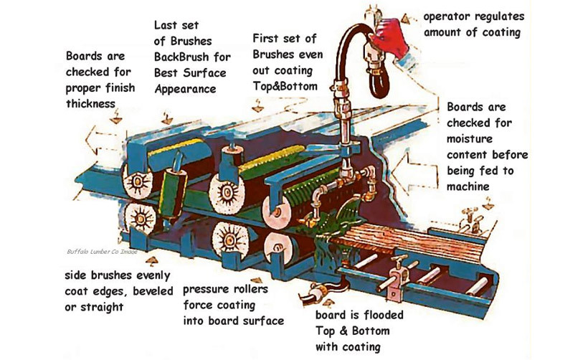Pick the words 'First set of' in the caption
pos(283,37)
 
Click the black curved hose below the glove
pos(379,68)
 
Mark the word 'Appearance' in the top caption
pos(186,90)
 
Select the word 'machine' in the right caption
pos(468,186)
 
